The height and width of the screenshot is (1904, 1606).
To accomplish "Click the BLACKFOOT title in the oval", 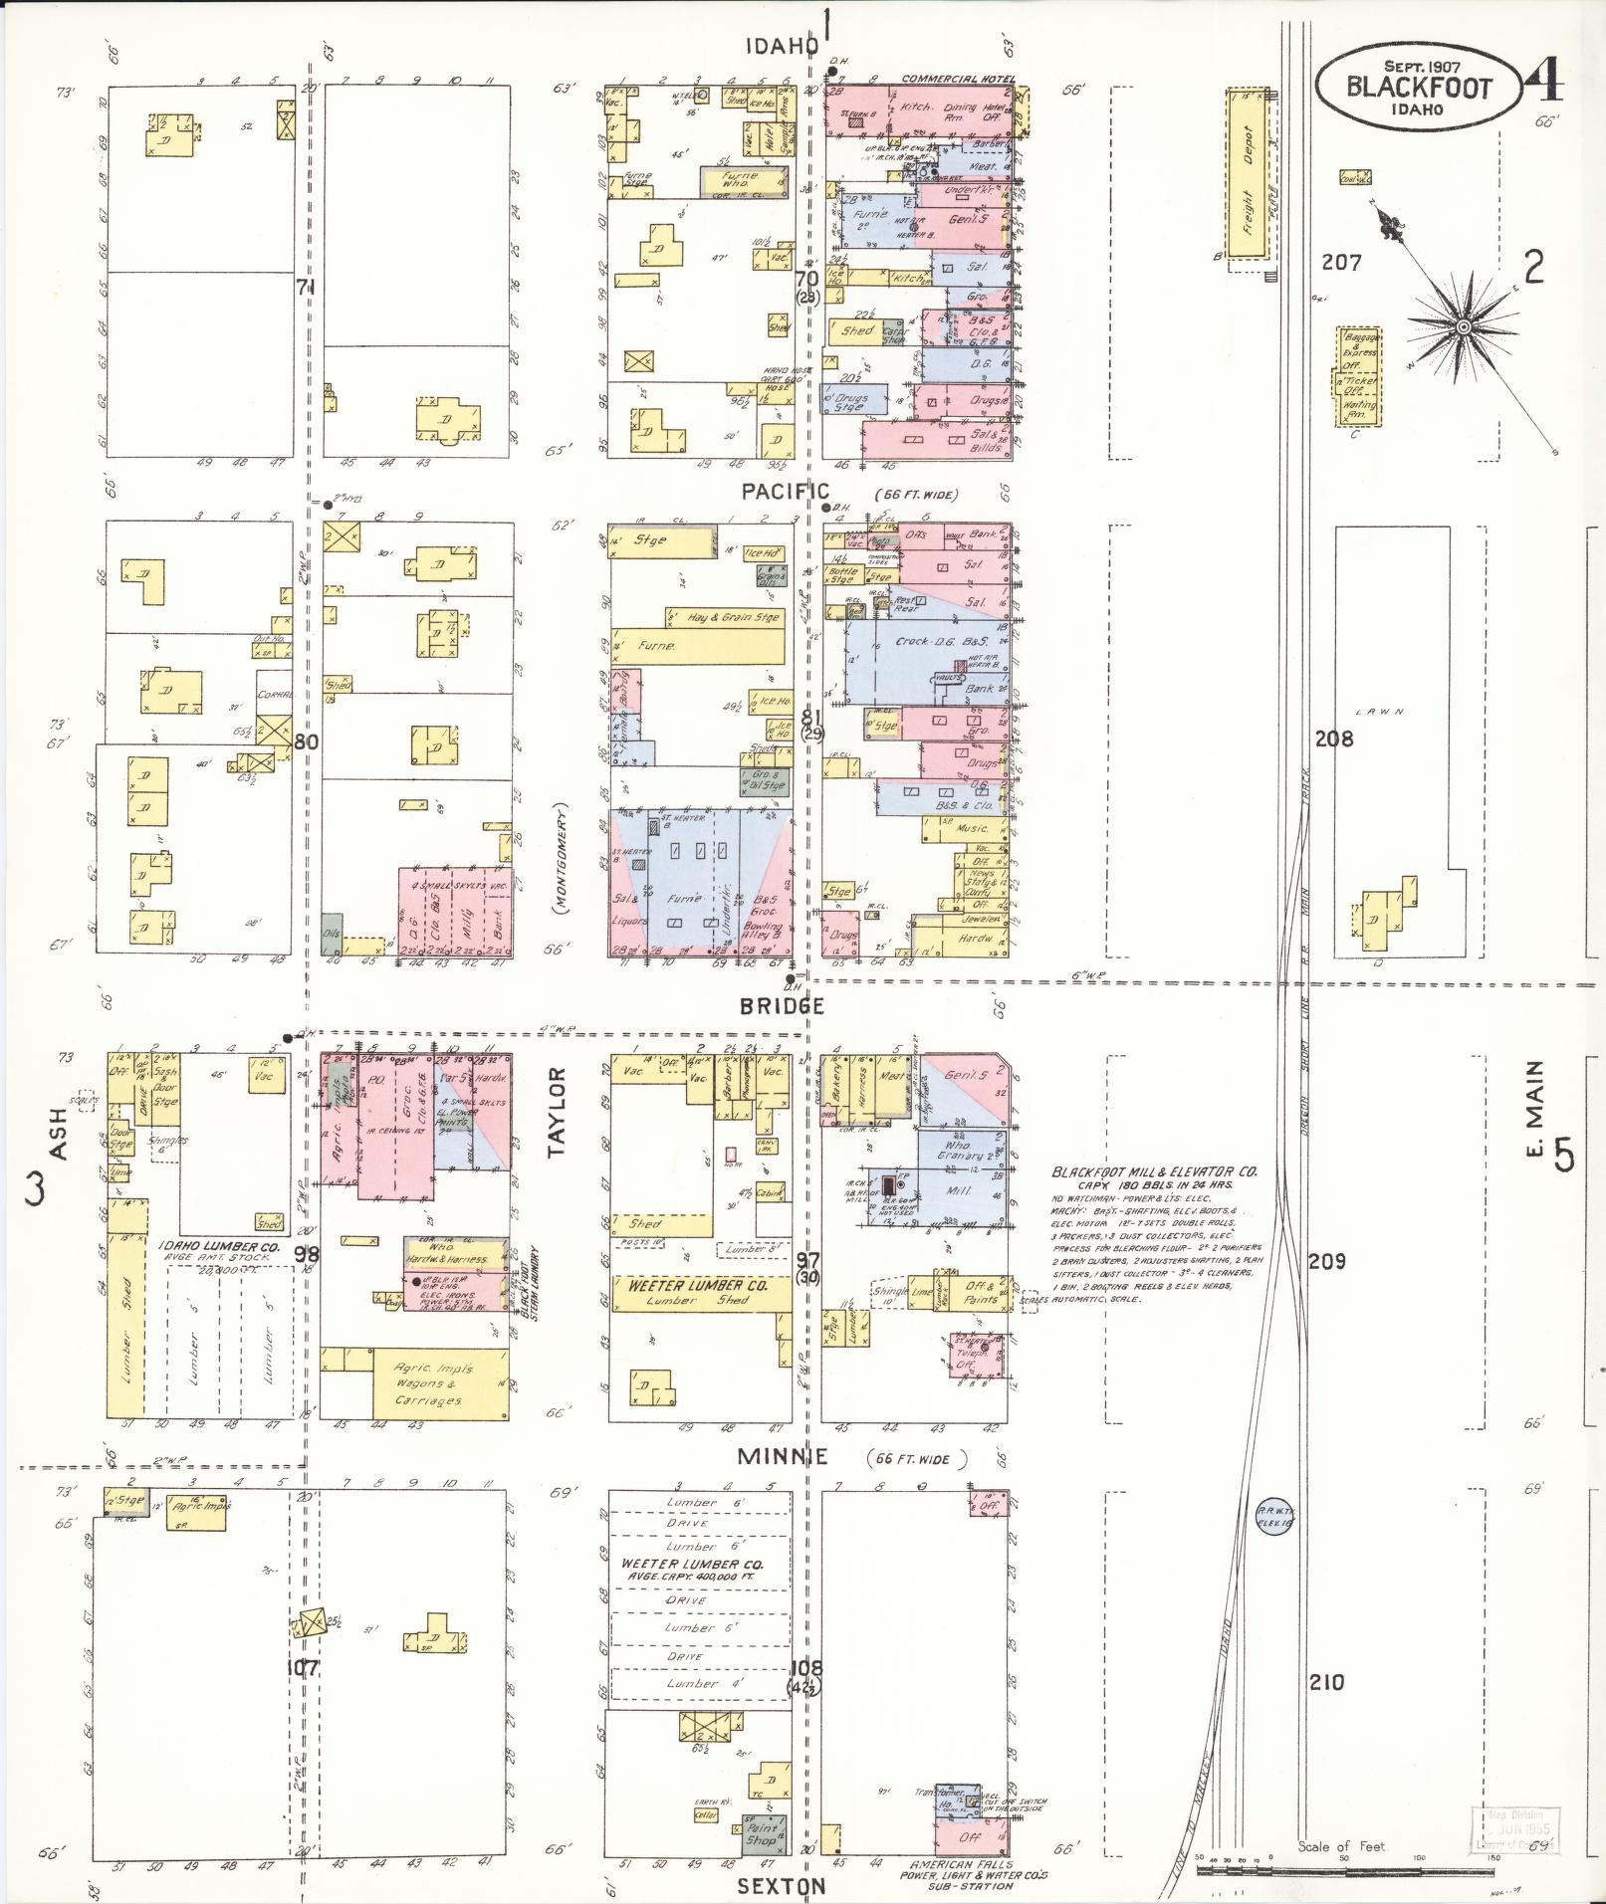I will [1420, 87].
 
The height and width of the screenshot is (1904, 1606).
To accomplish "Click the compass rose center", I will [1464, 326].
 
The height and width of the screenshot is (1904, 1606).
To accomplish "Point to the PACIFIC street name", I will [785, 491].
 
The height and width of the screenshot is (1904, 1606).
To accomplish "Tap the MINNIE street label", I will [783, 1457].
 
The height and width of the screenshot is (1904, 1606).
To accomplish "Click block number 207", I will [1341, 263].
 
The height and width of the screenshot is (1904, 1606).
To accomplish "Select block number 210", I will [1325, 1682].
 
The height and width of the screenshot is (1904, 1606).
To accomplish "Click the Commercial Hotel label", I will [958, 79].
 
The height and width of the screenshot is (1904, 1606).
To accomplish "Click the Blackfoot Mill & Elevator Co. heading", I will [1154, 1171].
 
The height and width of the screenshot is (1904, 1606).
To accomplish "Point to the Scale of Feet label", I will [1340, 1846].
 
